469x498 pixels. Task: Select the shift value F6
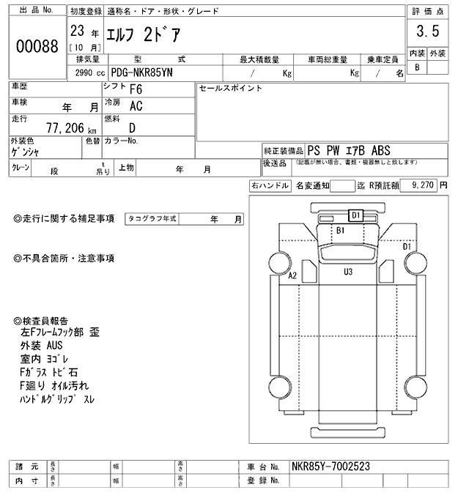point(136,89)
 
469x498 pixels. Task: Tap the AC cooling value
point(136,106)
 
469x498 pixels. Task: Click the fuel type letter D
point(133,127)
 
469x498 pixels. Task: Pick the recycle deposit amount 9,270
point(424,186)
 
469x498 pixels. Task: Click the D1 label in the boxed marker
point(355,215)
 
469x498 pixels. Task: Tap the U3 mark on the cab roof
point(349,272)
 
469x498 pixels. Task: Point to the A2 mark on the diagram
point(292,276)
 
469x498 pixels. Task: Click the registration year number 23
point(76,32)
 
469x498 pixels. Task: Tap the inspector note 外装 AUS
point(46,346)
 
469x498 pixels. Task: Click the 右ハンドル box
point(270,186)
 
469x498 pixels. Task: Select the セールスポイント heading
point(230,88)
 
